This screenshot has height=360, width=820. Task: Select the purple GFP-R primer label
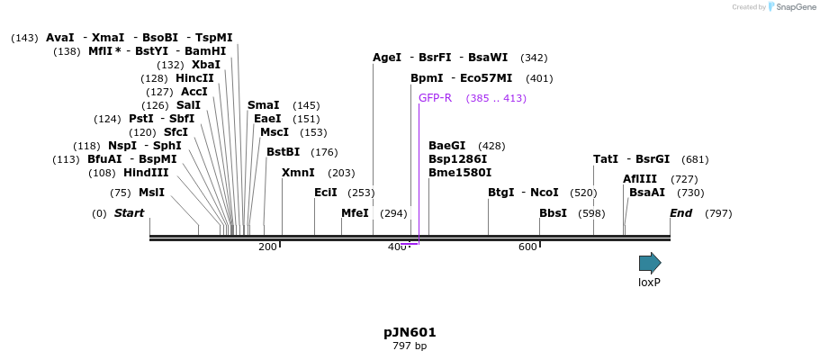click(x=435, y=98)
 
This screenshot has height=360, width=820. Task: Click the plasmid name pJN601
click(x=410, y=332)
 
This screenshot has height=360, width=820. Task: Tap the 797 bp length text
click(x=410, y=346)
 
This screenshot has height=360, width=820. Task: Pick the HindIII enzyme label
click(x=146, y=173)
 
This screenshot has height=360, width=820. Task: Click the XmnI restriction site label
click(x=298, y=173)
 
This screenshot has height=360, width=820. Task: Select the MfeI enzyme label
click(x=355, y=213)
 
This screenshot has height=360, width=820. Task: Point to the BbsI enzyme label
click(x=553, y=213)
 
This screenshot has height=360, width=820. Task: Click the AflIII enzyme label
click(x=640, y=179)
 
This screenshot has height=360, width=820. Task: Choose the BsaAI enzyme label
click(x=647, y=193)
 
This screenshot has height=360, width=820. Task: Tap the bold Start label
click(x=129, y=213)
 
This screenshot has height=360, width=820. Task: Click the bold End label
click(x=680, y=213)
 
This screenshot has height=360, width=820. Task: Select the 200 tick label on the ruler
click(x=267, y=247)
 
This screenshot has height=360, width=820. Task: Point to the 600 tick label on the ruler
click(x=527, y=247)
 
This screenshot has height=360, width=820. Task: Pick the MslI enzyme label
click(x=151, y=193)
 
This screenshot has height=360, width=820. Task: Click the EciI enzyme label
click(x=325, y=193)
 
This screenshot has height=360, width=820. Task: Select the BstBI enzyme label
click(x=283, y=152)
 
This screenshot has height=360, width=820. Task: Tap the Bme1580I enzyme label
click(x=460, y=173)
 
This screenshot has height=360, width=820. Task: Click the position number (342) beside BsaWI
click(x=534, y=58)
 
